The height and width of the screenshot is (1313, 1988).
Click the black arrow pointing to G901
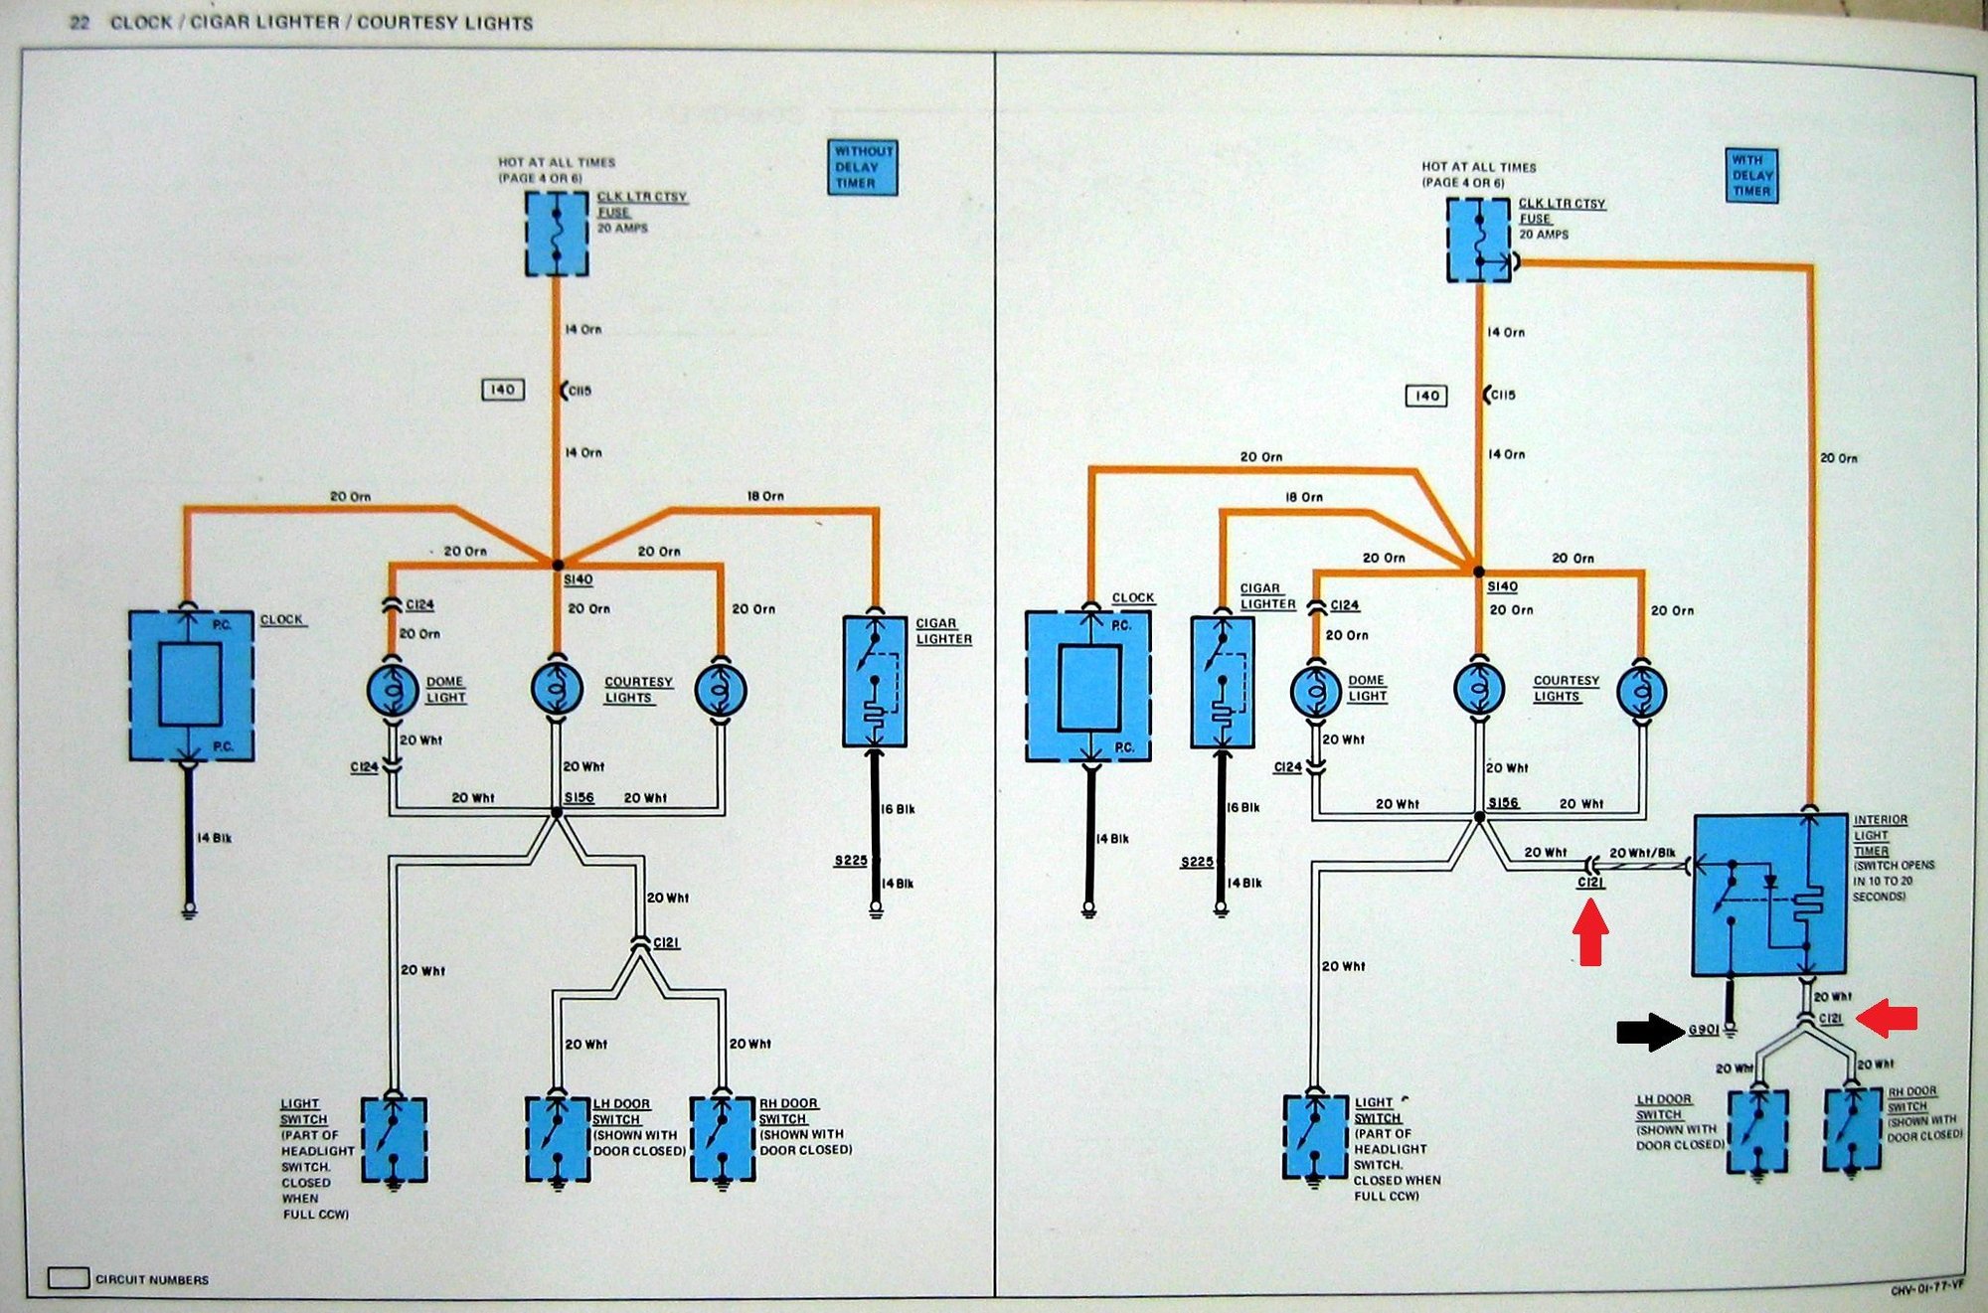(x=1650, y=1031)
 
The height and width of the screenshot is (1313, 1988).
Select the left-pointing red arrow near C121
(x=1887, y=1017)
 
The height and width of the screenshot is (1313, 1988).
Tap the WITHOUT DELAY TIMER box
(x=863, y=167)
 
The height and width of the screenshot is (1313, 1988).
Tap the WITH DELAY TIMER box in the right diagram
(x=1751, y=175)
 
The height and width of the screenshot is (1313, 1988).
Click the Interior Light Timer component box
(x=1769, y=895)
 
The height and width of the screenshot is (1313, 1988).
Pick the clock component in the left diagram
(x=191, y=686)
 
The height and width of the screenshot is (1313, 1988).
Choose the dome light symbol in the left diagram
(x=393, y=689)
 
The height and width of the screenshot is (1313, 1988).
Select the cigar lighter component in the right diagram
(x=1223, y=682)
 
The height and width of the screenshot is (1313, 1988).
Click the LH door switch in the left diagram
(x=557, y=1139)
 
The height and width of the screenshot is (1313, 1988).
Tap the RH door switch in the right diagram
(x=1853, y=1129)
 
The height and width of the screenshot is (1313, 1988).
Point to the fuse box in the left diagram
(x=557, y=234)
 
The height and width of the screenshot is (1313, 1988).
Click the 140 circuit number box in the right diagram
(x=1426, y=396)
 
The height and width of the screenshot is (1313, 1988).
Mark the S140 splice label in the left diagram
(x=578, y=578)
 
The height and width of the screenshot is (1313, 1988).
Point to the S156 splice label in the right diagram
(x=1503, y=803)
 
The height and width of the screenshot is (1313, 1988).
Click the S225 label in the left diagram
(x=851, y=860)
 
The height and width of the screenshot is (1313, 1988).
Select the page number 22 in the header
(x=80, y=22)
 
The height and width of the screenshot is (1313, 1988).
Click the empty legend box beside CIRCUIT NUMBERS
(x=69, y=1278)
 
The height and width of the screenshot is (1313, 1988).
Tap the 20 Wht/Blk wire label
(x=1642, y=853)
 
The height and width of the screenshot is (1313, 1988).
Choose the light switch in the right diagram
(x=1315, y=1136)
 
